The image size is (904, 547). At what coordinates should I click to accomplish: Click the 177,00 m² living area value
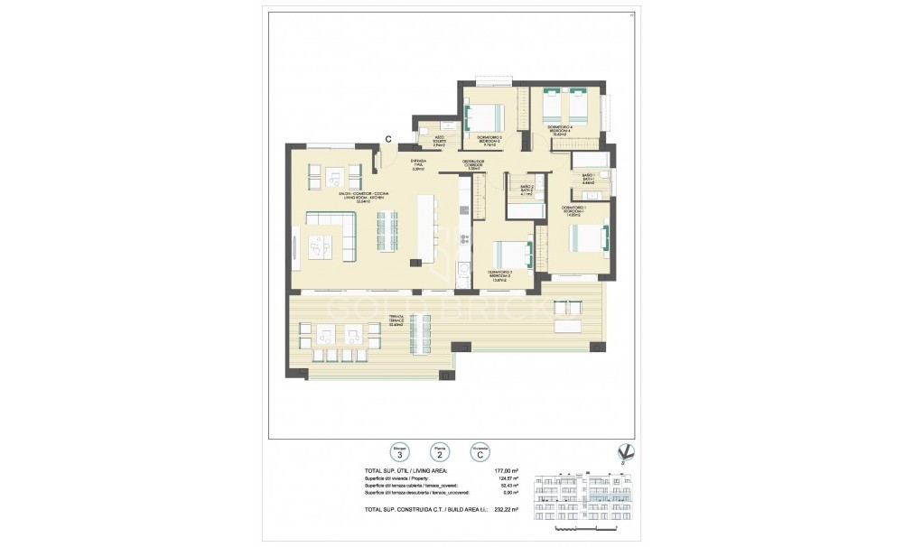coord(506,470)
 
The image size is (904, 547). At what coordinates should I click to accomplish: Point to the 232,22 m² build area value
coord(506,511)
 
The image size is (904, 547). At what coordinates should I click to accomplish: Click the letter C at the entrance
coord(387,139)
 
